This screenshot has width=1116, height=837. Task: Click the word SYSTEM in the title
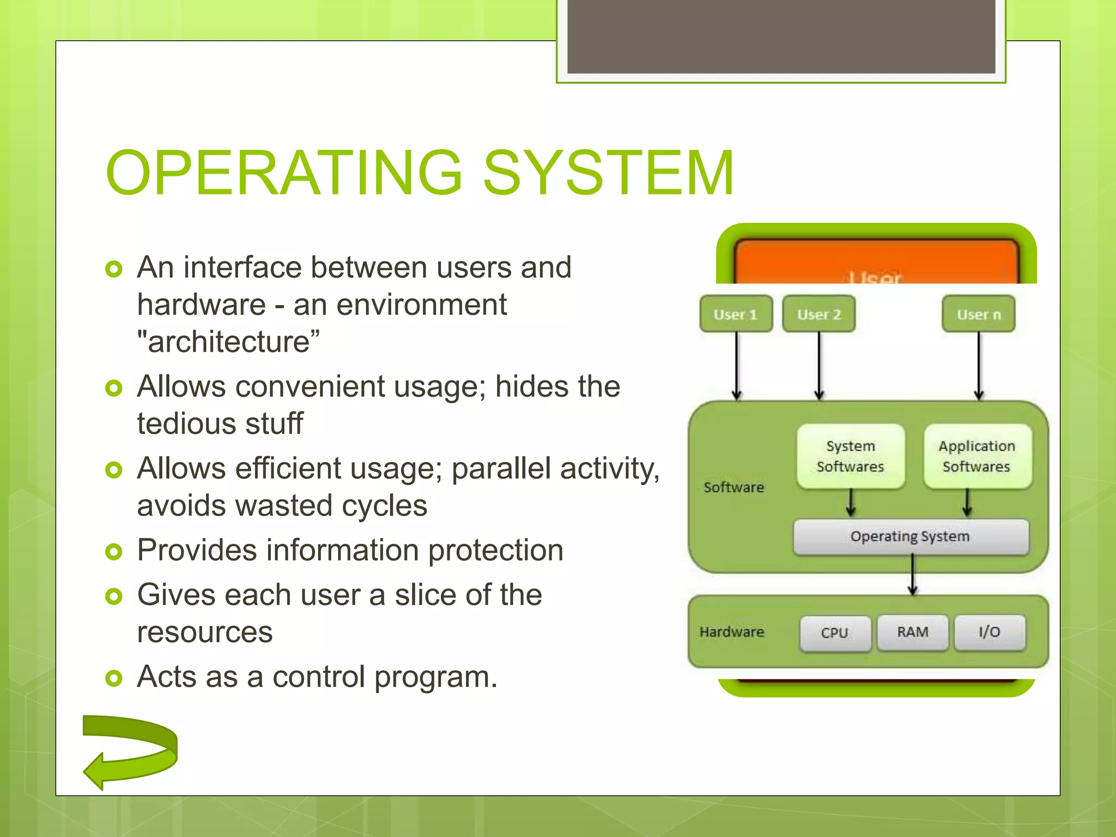(x=609, y=173)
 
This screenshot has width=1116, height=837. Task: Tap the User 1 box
(x=736, y=314)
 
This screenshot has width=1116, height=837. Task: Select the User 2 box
(x=818, y=314)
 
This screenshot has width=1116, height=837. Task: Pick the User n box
(x=979, y=314)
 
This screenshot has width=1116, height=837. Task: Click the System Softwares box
(x=850, y=456)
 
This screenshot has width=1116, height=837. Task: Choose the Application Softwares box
(x=977, y=456)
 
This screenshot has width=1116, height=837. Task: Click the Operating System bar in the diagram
(x=910, y=537)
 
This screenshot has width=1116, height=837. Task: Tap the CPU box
(x=835, y=633)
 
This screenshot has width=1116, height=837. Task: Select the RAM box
(x=913, y=632)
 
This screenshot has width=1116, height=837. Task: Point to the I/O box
(x=990, y=632)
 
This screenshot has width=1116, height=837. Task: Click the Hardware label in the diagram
(x=732, y=632)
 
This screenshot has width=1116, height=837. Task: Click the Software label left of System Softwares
(x=733, y=487)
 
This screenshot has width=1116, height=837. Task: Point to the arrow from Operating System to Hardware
(x=913, y=575)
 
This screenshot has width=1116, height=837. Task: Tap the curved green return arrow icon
(x=131, y=752)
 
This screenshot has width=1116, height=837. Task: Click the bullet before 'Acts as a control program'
(x=113, y=678)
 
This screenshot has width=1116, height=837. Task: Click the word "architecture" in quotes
(x=228, y=342)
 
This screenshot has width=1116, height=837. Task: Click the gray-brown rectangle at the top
(x=781, y=36)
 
